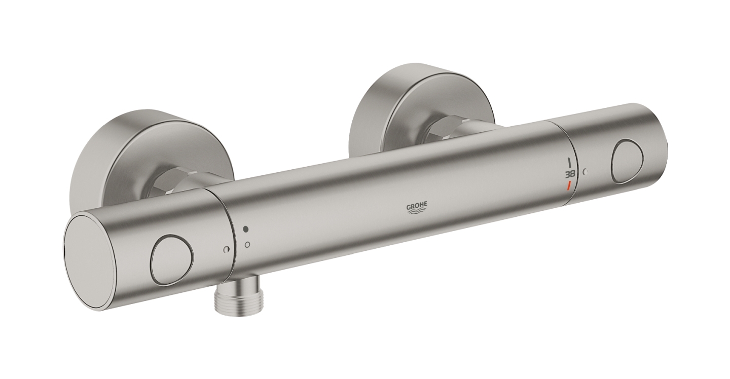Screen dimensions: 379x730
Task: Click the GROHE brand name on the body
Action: tap(417, 205)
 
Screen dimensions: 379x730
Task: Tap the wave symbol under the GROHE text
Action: tap(417, 212)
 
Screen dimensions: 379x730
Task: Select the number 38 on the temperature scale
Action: tap(570, 173)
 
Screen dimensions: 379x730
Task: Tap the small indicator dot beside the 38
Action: tap(586, 172)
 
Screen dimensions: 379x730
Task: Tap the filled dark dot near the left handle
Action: tap(246, 229)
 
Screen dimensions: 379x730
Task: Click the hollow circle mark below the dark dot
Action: tap(247, 245)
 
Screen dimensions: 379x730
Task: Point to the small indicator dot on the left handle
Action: tap(226, 249)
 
